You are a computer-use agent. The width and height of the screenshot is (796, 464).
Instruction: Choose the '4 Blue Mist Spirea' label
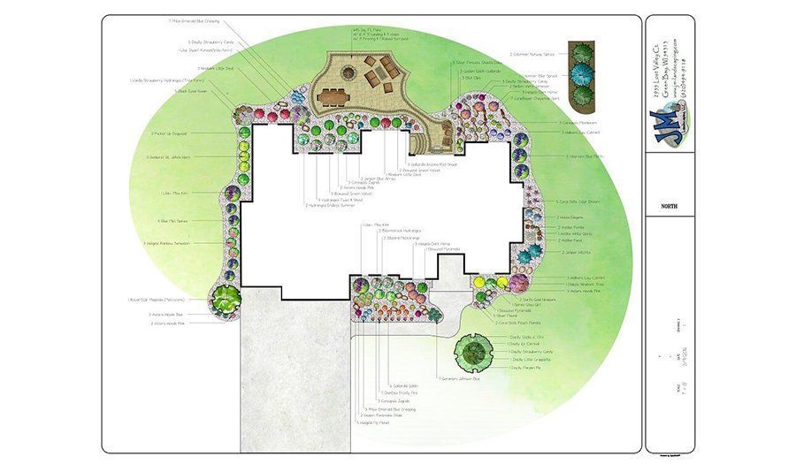pyautogui.click(x=172, y=221)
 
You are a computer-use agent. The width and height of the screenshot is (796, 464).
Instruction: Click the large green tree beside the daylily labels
pyautogui.click(x=472, y=354)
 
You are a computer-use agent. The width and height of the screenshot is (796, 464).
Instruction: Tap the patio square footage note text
pyautogui.click(x=369, y=34)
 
